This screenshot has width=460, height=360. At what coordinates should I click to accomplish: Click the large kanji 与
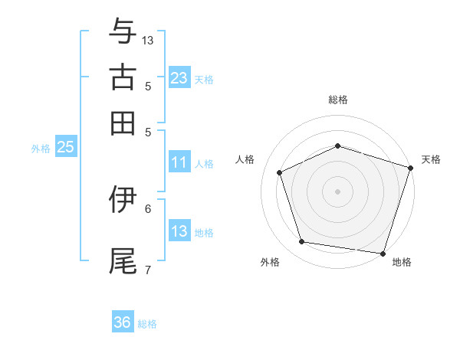[123, 31]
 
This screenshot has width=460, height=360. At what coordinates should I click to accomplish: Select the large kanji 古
[123, 77]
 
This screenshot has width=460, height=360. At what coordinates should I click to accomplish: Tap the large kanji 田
[123, 123]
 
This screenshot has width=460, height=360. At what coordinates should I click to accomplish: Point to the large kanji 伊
[123, 199]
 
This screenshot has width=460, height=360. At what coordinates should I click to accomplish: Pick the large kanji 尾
[123, 261]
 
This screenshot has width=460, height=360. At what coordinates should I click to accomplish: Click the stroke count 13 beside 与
[147, 41]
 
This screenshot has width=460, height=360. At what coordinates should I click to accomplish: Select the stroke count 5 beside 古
[148, 87]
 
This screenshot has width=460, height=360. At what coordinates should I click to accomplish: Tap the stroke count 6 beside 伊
[148, 209]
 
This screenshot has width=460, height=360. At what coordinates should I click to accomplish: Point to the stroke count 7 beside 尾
[148, 270]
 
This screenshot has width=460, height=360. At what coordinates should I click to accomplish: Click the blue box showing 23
[180, 77]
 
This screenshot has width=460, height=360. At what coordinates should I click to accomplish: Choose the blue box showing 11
[180, 162]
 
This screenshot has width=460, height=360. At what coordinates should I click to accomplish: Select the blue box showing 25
[66, 146]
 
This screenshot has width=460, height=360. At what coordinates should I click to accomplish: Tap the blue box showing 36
[123, 321]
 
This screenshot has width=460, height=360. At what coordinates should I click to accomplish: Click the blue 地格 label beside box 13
[204, 233]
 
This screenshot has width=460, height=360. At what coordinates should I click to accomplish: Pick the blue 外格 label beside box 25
[41, 149]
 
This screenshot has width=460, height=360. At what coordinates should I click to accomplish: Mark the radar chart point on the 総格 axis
[338, 146]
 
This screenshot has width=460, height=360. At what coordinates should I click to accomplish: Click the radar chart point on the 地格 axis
[383, 254]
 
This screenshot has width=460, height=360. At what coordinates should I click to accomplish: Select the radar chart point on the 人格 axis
[280, 172]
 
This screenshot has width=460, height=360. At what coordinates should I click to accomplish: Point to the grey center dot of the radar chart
[337, 191]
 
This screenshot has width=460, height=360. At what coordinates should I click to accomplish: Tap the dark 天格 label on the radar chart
[431, 160]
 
